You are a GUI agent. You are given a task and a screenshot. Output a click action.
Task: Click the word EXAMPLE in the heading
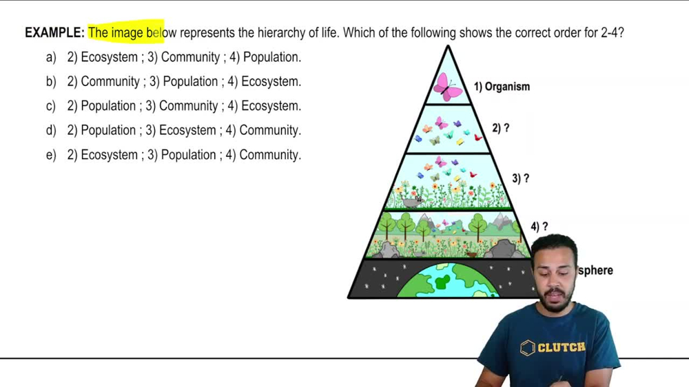click(54, 32)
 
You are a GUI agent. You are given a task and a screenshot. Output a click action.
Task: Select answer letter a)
click(50, 57)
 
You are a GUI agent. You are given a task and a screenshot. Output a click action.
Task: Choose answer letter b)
click(50, 81)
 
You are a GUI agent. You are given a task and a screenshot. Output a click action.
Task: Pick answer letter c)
click(50, 106)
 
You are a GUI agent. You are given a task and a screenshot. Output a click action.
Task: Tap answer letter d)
click(50, 130)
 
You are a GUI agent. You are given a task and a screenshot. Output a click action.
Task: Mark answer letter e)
click(50, 155)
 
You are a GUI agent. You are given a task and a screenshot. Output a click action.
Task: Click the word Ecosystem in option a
click(109, 57)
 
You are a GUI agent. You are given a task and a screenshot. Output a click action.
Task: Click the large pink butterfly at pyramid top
click(448, 87)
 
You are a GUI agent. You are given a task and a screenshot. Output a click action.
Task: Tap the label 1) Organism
click(502, 87)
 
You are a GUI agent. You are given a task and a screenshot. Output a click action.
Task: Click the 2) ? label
click(501, 128)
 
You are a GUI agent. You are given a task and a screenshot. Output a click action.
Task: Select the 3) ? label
click(520, 178)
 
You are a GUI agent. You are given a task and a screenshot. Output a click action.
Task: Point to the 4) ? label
click(539, 227)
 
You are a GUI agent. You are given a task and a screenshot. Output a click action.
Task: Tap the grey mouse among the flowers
click(412, 202)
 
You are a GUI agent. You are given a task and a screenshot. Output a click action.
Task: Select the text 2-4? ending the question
click(612, 32)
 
